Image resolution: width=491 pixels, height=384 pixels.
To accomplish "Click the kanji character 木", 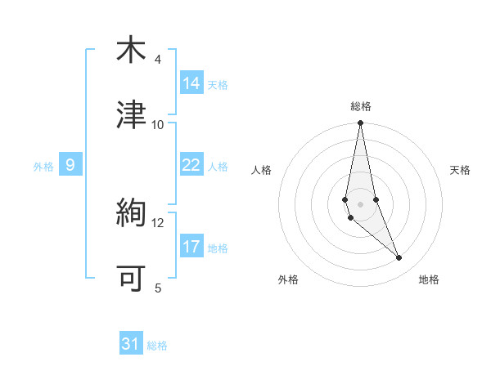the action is (x=131, y=50).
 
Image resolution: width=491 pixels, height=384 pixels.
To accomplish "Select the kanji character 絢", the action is (x=131, y=213).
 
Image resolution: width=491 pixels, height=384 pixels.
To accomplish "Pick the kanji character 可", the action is (x=131, y=279).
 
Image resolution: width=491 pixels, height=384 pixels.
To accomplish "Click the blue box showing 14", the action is (x=191, y=83).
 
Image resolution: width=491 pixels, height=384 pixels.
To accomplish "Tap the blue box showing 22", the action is (x=191, y=165).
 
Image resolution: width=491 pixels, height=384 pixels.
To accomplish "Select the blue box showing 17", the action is (x=191, y=247).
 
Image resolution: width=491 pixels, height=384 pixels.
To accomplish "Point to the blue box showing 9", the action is (x=70, y=165).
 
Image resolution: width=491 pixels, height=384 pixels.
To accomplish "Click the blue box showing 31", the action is (x=131, y=344).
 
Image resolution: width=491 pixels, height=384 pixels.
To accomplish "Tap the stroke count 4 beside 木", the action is (x=158, y=60).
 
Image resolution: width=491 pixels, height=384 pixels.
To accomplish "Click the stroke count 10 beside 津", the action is (x=158, y=124).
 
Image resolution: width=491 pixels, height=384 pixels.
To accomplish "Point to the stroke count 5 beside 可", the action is (x=158, y=288).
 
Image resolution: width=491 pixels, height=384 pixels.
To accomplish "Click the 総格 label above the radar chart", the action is (x=361, y=106).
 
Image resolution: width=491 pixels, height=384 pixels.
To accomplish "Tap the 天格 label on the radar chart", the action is (x=461, y=170).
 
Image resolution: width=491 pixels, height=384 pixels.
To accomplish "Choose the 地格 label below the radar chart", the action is (x=429, y=279).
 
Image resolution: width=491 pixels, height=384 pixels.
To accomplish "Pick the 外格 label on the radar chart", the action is (x=288, y=279).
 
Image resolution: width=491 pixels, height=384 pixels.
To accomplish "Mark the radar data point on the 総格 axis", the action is (x=361, y=123).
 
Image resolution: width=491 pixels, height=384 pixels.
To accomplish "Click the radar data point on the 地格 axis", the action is (x=399, y=258).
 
